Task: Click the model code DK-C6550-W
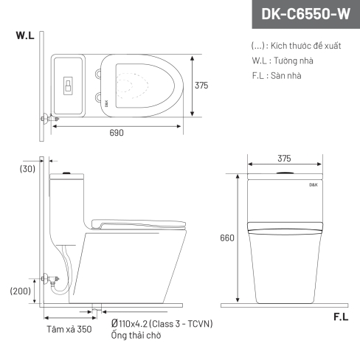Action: click(305, 14)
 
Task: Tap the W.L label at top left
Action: click(25, 35)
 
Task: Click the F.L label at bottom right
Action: click(341, 317)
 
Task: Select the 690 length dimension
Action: click(117, 133)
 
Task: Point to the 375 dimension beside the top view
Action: click(201, 86)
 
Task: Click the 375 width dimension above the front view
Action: click(284, 159)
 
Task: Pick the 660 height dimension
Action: click(227, 238)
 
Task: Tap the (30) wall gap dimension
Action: click(27, 169)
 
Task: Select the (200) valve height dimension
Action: click(21, 291)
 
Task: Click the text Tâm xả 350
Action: click(69, 329)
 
